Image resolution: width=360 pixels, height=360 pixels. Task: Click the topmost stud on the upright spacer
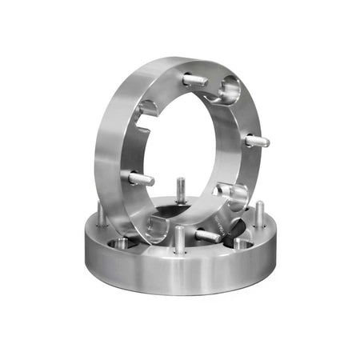coord(194,80)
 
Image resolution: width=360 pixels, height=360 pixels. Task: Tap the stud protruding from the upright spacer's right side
coord(257,142)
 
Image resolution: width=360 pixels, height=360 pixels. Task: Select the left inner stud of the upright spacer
coord(141,178)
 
